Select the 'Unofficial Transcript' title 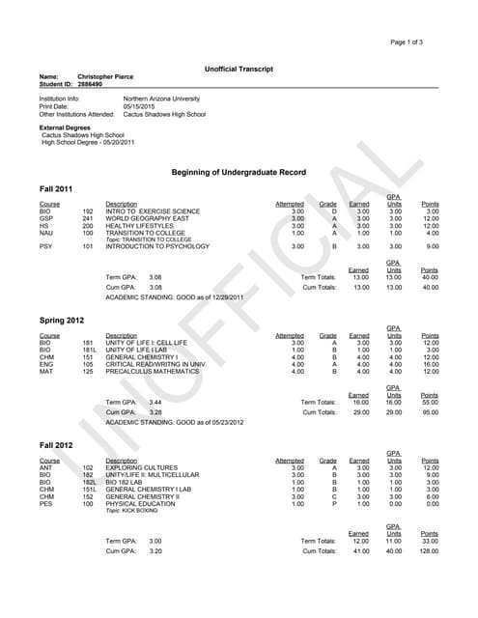click(239, 70)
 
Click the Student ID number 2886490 click(93, 84)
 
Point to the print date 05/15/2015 click(139, 106)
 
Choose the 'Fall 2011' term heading click(56, 188)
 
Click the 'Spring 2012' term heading click(61, 320)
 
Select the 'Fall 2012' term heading click(56, 443)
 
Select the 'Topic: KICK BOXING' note click(132, 511)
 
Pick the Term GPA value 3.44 click(155, 402)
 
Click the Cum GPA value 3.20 click(155, 551)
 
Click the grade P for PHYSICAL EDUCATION click(334, 503)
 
